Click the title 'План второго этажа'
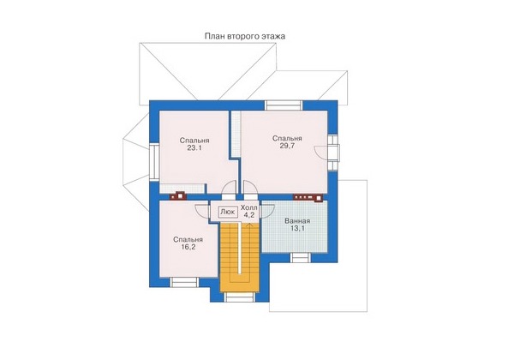tap(245, 36)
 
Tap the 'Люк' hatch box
tap(227, 212)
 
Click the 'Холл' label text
tap(249, 208)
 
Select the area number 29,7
tap(287, 146)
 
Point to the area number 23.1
tap(194, 148)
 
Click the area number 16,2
tap(188, 247)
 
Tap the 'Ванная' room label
tap(297, 221)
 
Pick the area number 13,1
tap(297, 229)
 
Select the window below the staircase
tap(240, 297)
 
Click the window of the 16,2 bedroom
tap(184, 282)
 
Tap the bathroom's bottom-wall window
tap(301, 258)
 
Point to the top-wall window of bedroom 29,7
tap(284, 105)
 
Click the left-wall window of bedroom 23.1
tap(154, 162)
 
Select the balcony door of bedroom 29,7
tap(332, 153)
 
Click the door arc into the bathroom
tap(267, 211)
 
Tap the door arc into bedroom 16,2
tap(202, 211)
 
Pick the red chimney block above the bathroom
tap(308, 197)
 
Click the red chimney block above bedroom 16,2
tap(178, 195)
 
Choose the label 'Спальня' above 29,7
tap(287, 138)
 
